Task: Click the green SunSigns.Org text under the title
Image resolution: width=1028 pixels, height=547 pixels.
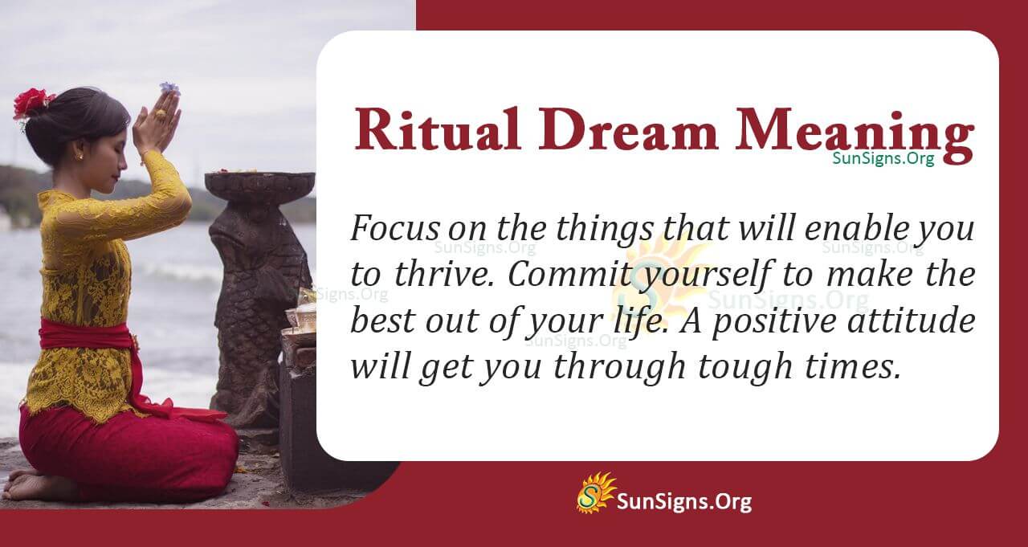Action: click(883, 158)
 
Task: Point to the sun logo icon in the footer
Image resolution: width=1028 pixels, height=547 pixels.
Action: click(595, 493)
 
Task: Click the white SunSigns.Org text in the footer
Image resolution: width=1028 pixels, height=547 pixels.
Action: click(683, 502)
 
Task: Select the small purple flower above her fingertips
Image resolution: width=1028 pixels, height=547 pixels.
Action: click(169, 88)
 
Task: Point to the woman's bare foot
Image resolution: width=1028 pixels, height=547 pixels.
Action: click(32, 485)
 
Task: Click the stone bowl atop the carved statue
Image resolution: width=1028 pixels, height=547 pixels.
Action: click(259, 186)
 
